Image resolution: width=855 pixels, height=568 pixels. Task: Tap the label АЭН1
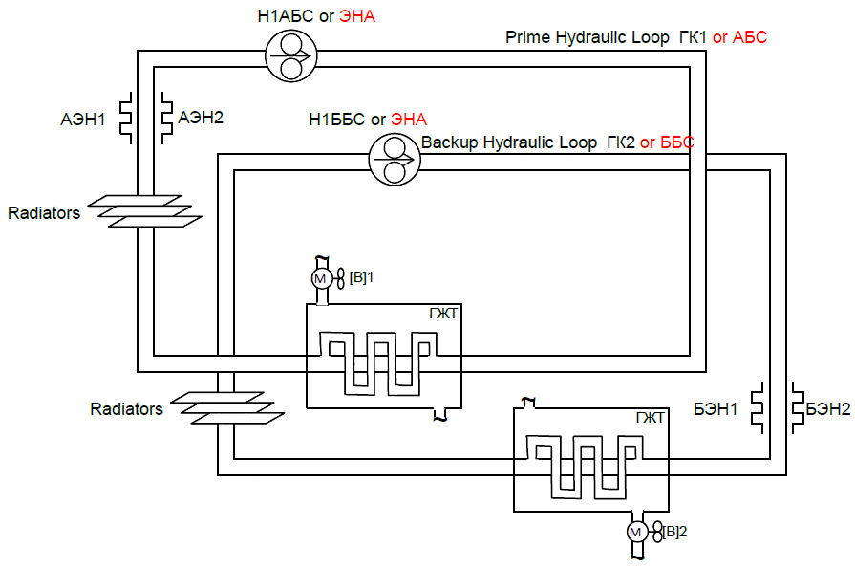[x=84, y=120]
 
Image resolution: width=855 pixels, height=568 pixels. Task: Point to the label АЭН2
[x=202, y=118]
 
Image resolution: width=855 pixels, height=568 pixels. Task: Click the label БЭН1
[x=717, y=409]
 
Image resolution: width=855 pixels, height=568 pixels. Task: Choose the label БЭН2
[x=827, y=409]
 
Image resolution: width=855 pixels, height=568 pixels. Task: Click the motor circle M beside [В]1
[x=320, y=278]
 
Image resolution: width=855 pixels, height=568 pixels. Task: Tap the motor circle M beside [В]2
[x=636, y=532]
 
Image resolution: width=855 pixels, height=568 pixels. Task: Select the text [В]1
[x=359, y=278]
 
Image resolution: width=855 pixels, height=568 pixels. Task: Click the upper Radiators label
[x=44, y=213]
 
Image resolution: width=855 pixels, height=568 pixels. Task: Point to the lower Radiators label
[x=127, y=409]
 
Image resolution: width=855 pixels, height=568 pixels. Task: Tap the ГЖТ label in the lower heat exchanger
[x=650, y=417]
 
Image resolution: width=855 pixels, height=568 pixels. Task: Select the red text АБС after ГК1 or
[x=750, y=38]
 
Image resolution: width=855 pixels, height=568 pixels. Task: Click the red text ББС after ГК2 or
[x=675, y=142]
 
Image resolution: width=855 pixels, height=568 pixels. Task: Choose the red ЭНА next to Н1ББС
[x=409, y=120]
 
